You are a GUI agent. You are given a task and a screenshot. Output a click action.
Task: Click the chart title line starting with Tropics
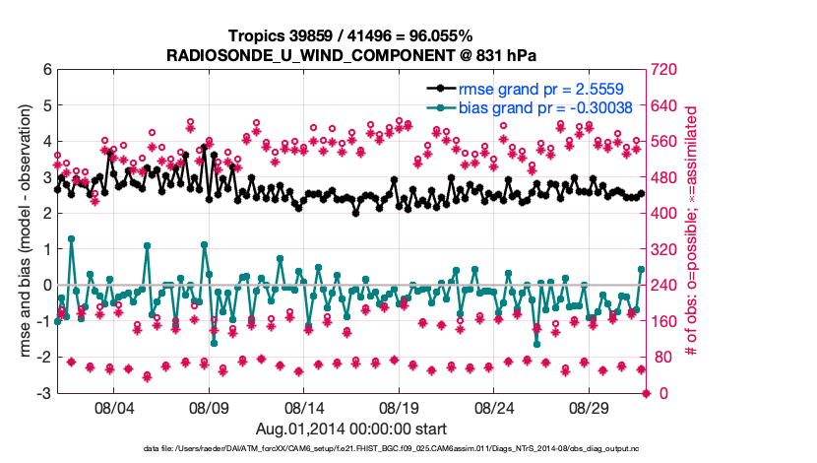[x=351, y=35]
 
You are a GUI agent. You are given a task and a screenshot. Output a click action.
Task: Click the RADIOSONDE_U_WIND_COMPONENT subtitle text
[x=351, y=54]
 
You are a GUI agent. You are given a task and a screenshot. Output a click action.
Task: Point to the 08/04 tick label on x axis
[x=113, y=407]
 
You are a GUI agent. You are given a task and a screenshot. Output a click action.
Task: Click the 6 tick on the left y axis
[x=46, y=70]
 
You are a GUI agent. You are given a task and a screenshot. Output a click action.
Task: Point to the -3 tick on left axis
[x=44, y=393]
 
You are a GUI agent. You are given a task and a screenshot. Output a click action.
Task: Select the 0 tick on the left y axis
[x=46, y=286]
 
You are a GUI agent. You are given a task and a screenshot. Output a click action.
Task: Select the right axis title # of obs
[x=691, y=231]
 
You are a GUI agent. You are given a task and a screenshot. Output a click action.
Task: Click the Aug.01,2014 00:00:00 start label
[x=351, y=429]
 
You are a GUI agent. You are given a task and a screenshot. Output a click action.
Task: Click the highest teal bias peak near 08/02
[x=72, y=238]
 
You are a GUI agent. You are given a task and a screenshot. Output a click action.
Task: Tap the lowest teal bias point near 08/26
[x=537, y=344]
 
